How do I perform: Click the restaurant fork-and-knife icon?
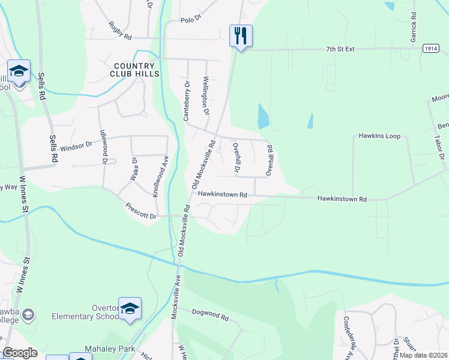[x=241, y=35]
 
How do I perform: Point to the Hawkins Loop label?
[x=379, y=136]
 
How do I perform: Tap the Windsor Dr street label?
[x=76, y=145]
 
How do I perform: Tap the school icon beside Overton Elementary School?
[x=130, y=308]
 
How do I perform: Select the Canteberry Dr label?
[x=186, y=100]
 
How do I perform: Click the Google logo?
[x=20, y=353]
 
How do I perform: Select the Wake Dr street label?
[x=134, y=169]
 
